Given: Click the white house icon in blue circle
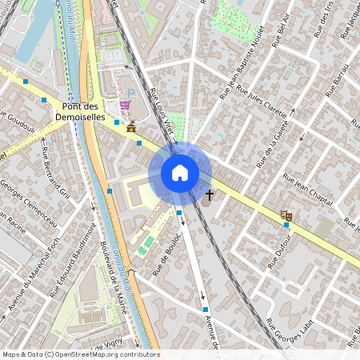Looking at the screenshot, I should coord(180,173).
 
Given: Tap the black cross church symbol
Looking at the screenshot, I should coord(210,194).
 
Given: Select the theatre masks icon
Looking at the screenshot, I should coord(286,214).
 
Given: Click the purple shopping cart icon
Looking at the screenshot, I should coord(125,105).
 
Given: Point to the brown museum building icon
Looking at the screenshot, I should coord(130,128).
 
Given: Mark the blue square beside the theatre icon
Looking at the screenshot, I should coord(286,225).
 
